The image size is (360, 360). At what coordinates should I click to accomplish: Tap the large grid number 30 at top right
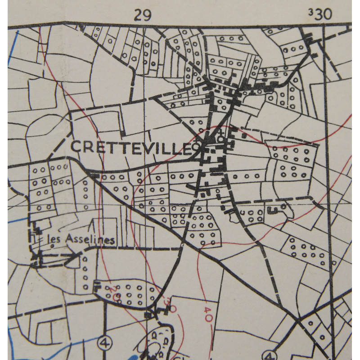323,14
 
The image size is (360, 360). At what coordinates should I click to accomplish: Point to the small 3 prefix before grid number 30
310,12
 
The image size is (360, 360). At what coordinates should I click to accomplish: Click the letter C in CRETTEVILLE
76,146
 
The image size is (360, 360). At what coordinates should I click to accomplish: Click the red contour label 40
208,314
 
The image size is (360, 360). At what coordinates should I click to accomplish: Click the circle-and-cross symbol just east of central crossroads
220,139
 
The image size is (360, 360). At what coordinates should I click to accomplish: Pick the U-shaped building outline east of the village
272,209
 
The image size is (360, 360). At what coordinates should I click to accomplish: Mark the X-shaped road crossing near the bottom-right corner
298,321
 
